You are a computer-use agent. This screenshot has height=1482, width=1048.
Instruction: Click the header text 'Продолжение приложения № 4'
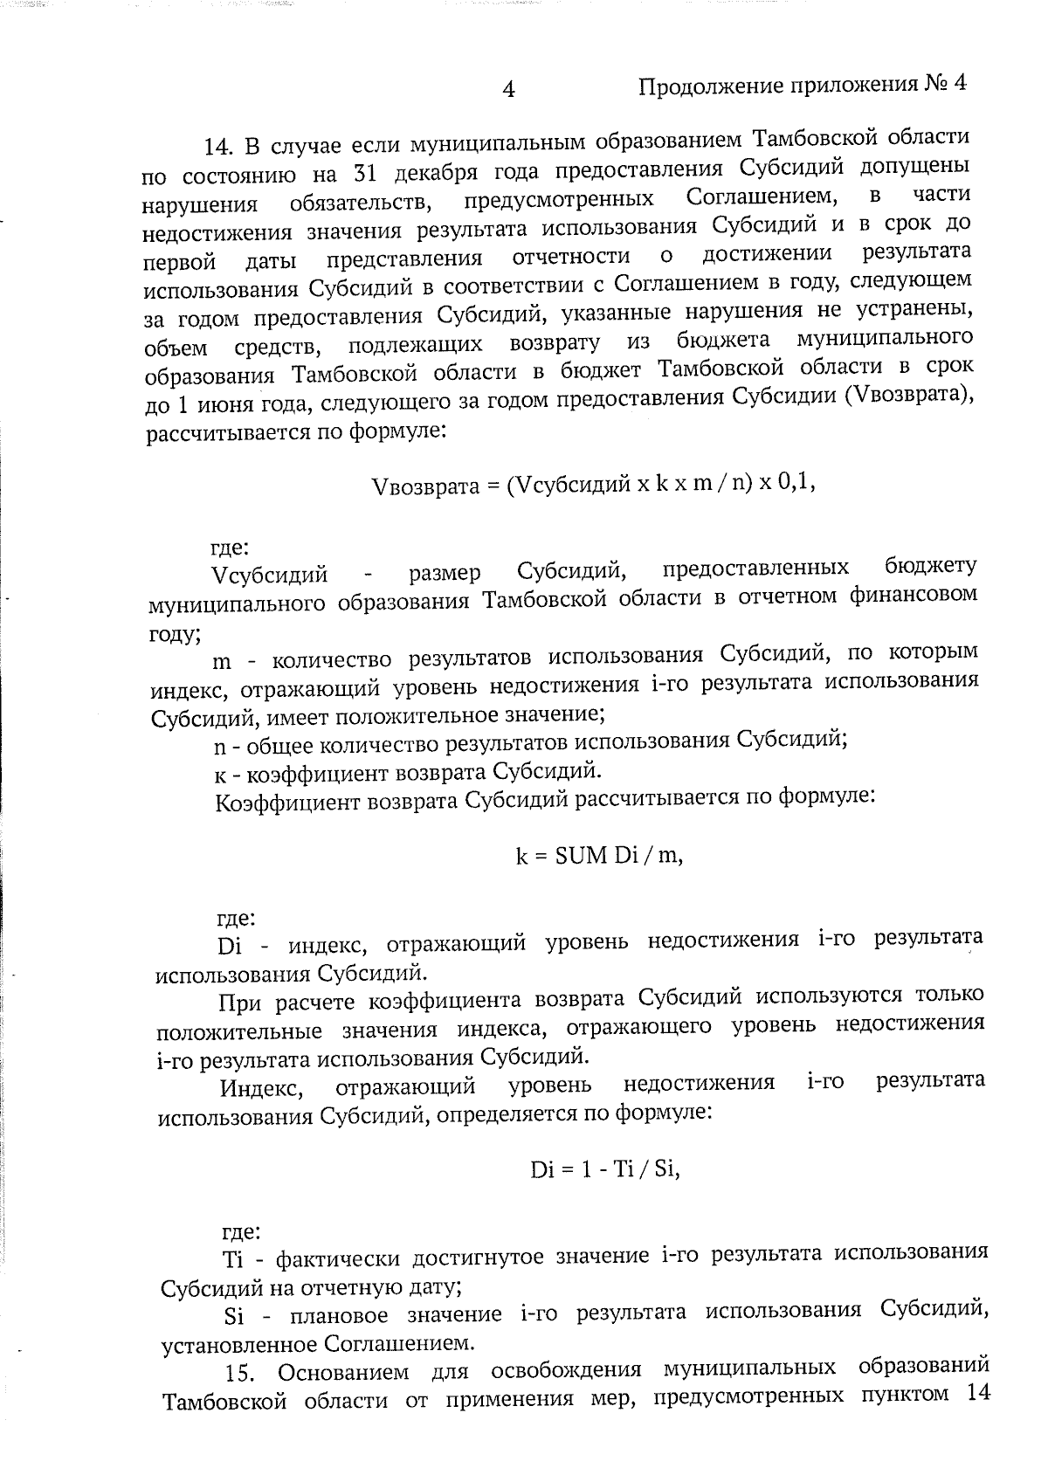804,85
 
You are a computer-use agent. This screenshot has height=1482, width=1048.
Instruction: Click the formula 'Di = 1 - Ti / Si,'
604,1169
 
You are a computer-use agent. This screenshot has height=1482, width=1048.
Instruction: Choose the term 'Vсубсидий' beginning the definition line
270,576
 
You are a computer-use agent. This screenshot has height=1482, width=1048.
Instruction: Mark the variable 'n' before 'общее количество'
220,748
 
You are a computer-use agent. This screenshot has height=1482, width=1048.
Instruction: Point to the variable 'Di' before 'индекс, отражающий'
230,947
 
